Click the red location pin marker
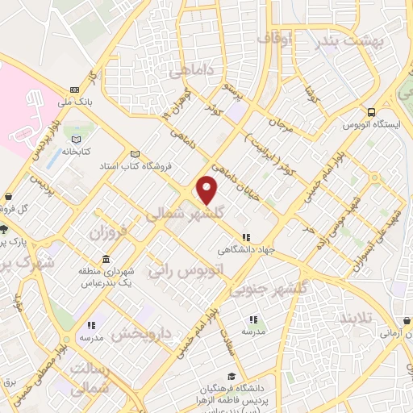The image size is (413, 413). click(207, 190)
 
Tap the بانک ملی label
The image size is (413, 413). click(75, 102)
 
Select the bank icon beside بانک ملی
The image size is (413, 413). click(75, 90)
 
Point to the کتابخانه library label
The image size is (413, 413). click(81, 152)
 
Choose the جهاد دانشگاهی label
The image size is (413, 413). click(248, 250)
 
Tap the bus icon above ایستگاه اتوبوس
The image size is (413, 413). click(370, 112)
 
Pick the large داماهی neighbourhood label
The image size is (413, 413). click(191, 72)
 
